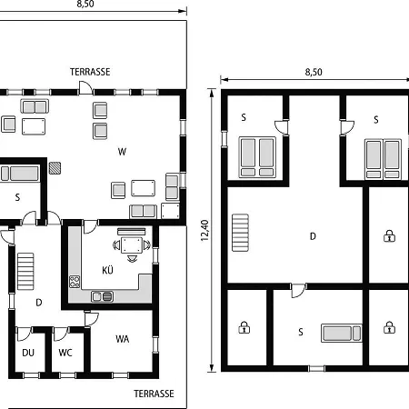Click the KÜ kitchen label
107,270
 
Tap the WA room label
123,339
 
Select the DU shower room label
28,353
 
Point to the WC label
65,353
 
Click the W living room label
122,152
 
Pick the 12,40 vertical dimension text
204,231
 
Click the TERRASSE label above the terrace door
90,72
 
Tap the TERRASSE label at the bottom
154,394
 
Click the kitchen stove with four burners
75,282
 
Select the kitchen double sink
103,296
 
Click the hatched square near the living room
55,168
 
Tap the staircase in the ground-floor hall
25,272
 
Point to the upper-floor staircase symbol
241,233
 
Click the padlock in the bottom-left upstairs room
244,327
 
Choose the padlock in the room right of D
389,235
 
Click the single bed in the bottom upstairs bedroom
342,333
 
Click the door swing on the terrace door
85,87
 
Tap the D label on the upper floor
313,236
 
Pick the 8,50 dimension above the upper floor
314,72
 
